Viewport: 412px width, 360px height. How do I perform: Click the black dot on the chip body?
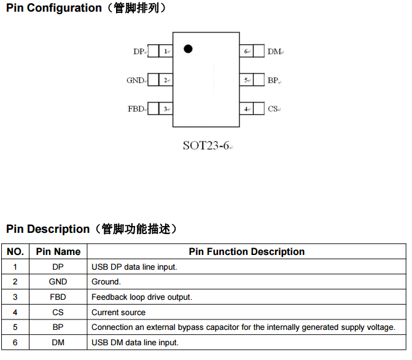click(x=189, y=49)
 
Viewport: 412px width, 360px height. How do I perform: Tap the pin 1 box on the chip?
click(x=166, y=52)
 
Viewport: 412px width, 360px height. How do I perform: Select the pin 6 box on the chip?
click(x=246, y=52)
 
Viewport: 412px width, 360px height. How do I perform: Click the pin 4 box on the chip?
click(x=246, y=109)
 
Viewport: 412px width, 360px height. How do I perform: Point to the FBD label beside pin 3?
click(x=136, y=109)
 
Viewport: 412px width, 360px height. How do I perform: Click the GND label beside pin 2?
click(x=134, y=80)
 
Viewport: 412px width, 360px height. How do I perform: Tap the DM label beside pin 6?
click(x=274, y=52)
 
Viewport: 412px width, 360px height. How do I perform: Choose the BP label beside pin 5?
click(x=273, y=80)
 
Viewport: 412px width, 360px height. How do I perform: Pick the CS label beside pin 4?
click(x=273, y=109)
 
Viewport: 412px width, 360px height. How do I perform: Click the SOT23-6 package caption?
click(x=206, y=146)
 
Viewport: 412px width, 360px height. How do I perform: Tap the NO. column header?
click(x=15, y=251)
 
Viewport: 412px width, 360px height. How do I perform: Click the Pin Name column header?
click(x=58, y=251)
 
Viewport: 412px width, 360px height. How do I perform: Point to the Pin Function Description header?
click(x=246, y=251)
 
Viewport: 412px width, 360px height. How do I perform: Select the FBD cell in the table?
click(x=58, y=297)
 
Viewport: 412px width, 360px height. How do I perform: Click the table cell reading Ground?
click(x=106, y=282)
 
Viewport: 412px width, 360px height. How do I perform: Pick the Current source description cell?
click(x=119, y=312)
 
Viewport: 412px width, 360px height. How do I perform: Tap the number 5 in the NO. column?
click(x=15, y=327)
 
